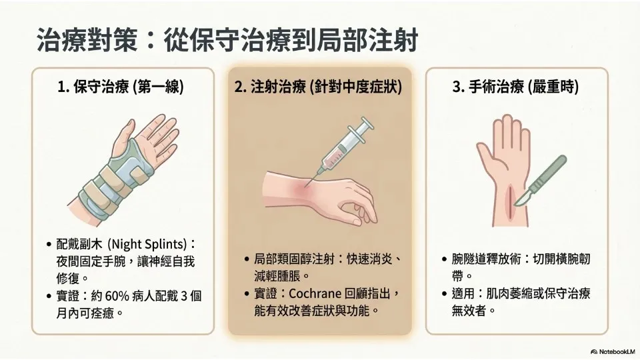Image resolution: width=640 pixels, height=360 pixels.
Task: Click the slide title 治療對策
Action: [x=87, y=40]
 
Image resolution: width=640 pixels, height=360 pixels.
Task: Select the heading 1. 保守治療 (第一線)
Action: [x=121, y=87]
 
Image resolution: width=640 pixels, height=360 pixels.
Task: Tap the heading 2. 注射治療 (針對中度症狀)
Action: [x=319, y=87]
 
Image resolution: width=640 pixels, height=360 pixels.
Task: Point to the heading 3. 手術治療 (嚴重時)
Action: [x=515, y=87]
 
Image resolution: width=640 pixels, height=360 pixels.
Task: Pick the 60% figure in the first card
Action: [x=117, y=295]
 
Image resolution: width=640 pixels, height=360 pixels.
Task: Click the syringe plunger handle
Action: [x=361, y=125]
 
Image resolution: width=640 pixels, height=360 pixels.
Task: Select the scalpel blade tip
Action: [x=515, y=205]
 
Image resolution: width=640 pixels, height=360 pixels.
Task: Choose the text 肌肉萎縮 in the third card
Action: [x=509, y=293]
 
